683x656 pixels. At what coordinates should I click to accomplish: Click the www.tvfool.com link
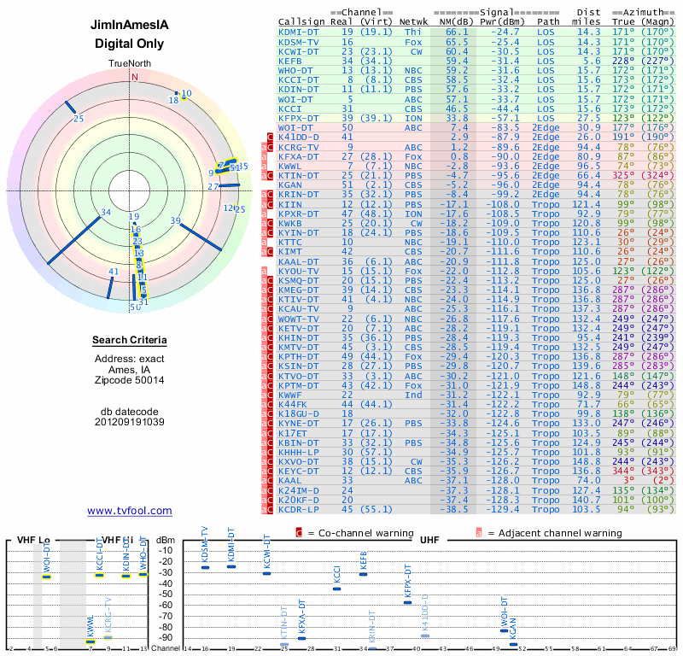coord(130,511)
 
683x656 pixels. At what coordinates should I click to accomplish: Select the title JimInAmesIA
coord(130,25)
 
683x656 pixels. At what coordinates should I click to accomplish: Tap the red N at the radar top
coord(134,75)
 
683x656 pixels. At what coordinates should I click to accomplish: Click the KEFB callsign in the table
coord(290,61)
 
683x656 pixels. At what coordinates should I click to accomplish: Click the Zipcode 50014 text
coord(130,379)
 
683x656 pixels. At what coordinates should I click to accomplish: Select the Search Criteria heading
coord(130,341)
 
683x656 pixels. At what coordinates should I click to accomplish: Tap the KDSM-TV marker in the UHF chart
coord(205,567)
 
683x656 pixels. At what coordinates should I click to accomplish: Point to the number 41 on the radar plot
coord(114,272)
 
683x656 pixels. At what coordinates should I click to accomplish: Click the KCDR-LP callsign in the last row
coord(299,510)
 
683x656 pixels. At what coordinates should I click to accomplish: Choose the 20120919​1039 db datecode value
coord(130,422)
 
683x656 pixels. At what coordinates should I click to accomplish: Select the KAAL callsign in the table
coord(290,481)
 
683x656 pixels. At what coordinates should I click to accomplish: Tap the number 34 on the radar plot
coord(106,213)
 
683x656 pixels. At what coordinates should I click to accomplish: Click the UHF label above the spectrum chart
coord(429,540)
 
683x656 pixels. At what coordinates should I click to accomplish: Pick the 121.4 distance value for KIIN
coord(587,205)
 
